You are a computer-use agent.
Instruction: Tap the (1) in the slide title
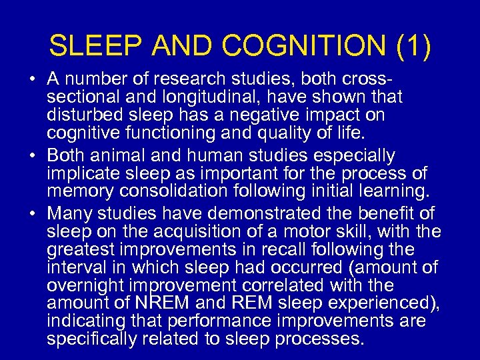tap(414, 47)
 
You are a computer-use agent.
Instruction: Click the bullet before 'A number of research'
tap(33, 80)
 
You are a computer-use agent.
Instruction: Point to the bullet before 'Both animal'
tap(33, 156)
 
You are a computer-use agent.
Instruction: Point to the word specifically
tap(90, 339)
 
